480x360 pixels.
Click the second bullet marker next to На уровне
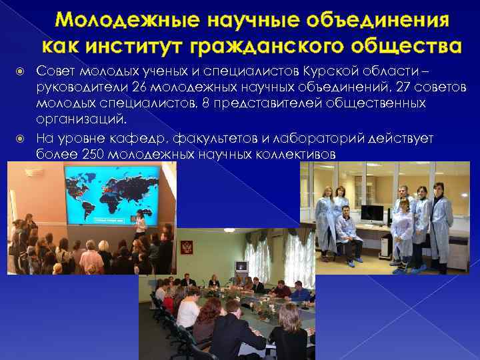pos(22,138)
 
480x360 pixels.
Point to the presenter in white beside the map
pos(141,224)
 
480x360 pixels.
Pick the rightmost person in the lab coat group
pos(441,220)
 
